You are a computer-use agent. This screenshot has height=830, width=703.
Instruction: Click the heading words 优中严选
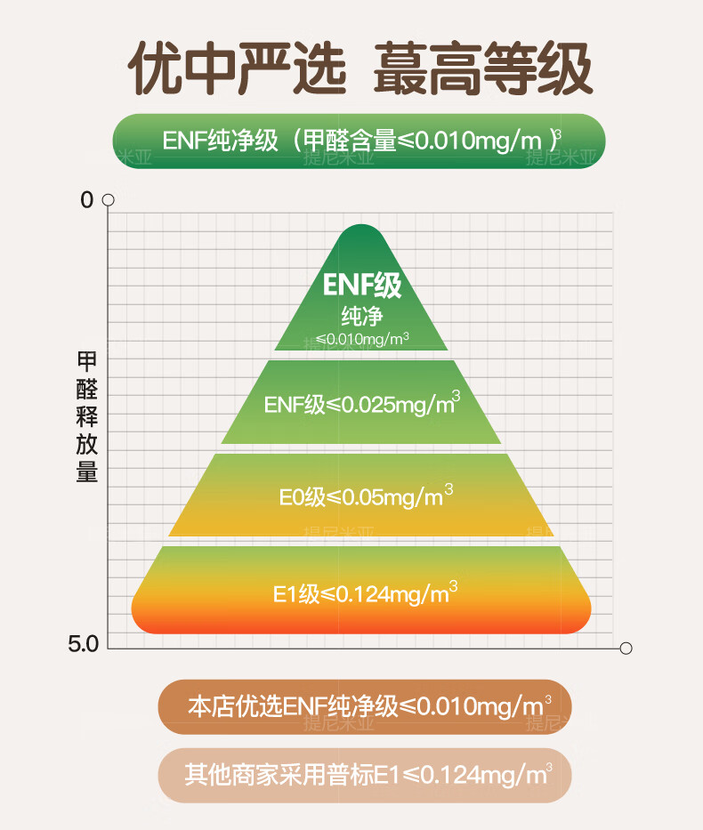coord(238,69)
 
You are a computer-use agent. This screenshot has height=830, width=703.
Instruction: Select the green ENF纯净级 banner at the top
coord(360,141)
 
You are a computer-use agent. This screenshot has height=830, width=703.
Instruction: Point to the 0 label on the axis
coord(86,200)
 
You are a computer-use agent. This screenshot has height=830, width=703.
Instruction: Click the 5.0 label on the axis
coord(83,643)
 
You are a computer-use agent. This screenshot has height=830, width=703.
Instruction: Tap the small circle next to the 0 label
coord(109,200)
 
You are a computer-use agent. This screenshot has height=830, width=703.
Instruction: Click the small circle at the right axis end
coord(626,649)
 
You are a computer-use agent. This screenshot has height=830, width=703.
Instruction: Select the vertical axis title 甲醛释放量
coord(87,417)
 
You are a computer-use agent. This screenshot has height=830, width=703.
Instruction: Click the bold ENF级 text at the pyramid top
coord(362,285)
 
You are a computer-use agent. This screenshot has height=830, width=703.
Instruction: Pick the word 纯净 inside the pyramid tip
coord(361,316)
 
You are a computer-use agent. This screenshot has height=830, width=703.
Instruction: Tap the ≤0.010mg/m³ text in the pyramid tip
coord(361,338)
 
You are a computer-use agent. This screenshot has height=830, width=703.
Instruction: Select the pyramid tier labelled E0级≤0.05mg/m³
coord(361,496)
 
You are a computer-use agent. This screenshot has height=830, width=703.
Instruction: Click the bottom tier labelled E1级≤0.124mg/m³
coord(361,592)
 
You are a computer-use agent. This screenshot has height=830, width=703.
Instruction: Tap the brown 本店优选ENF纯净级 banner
coord(365,707)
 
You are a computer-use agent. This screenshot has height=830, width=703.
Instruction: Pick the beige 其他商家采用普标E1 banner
coord(365,775)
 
